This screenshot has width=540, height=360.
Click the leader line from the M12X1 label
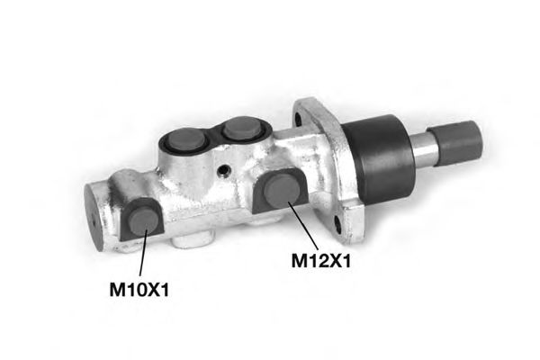302,226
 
